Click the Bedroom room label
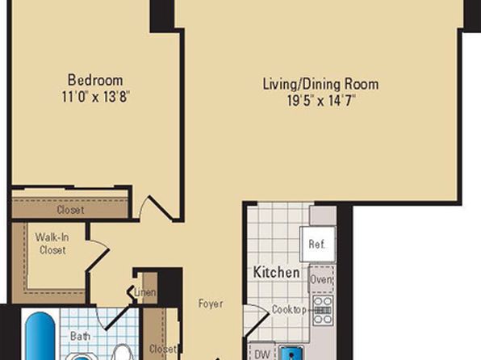point(95,80)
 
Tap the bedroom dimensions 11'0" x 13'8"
point(96,97)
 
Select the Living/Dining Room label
point(321,85)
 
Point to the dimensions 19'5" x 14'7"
point(321,100)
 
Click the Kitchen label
point(276,272)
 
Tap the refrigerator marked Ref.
point(318,245)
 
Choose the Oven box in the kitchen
point(321,279)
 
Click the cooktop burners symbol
point(323,310)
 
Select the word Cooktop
point(289,310)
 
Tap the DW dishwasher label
point(262,354)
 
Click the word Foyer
point(211,303)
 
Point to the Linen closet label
point(145,292)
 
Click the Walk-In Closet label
point(52,244)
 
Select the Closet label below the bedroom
point(70,210)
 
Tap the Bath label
point(80,336)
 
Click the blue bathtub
point(40,336)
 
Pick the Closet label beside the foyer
point(163,349)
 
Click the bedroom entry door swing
point(155,207)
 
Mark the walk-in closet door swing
point(98,255)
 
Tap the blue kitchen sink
point(291,353)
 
